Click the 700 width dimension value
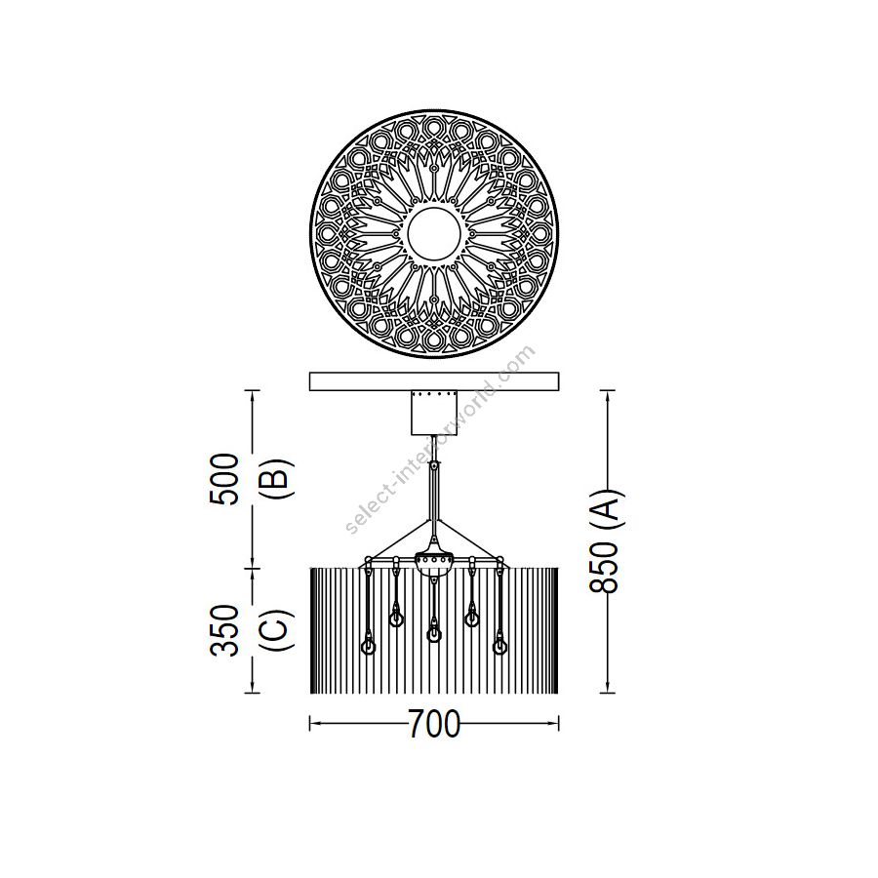coord(434,724)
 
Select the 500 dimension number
coord(224,479)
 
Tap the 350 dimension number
coord(224,630)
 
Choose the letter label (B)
coord(277,479)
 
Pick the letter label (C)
coord(277,630)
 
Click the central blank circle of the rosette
coord(434,233)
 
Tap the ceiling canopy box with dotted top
coord(434,413)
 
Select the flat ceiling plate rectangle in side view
coord(434,380)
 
